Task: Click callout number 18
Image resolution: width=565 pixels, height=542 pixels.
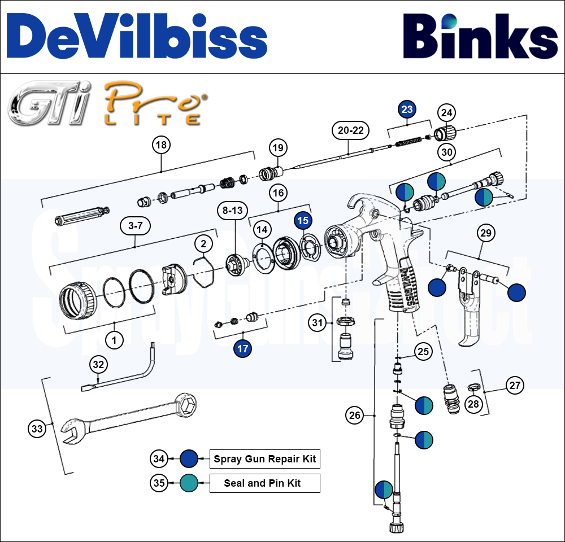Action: (162, 145)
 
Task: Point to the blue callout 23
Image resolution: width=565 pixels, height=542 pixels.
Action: (407, 110)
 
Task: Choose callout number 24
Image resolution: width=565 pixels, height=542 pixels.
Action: (447, 113)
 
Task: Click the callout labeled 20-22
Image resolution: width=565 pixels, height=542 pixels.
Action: (350, 130)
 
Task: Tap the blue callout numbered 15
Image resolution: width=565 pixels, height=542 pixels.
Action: (303, 221)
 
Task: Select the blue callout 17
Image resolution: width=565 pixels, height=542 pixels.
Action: (242, 348)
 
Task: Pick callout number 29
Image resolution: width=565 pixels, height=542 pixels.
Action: (486, 232)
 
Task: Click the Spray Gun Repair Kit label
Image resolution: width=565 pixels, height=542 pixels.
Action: (264, 459)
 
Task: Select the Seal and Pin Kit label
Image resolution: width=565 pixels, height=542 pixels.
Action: (264, 483)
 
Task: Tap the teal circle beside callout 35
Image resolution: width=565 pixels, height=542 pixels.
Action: (188, 483)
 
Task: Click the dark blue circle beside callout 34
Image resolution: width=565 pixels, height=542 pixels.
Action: (188, 459)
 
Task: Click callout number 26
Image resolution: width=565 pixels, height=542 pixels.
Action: (354, 416)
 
